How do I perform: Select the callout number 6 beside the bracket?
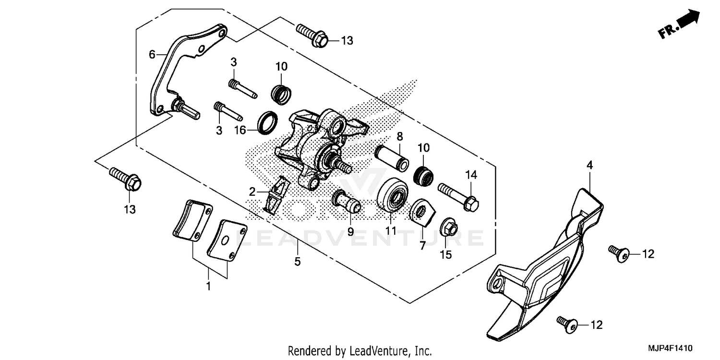(152, 55)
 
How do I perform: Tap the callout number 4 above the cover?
(589, 165)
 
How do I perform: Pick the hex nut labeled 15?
(448, 228)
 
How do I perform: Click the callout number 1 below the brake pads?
(208, 287)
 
